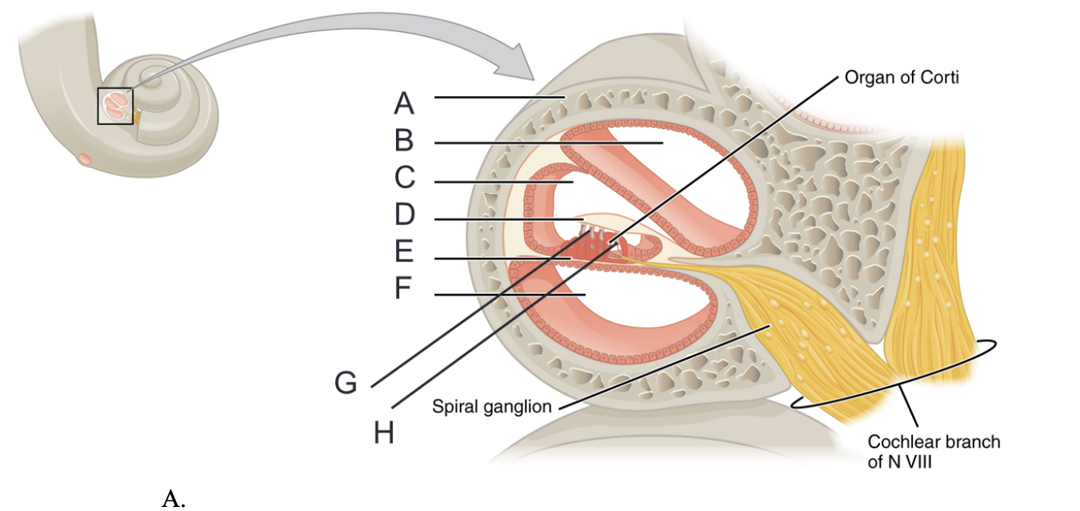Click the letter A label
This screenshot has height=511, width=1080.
[405, 103]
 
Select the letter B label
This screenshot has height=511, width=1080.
[404, 141]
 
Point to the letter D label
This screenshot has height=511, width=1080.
[405, 215]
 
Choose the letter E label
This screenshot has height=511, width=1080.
[404, 252]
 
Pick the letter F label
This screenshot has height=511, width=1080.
[405, 288]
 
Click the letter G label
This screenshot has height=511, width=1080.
[346, 384]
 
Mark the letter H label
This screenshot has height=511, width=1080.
[384, 433]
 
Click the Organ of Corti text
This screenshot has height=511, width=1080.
[902, 78]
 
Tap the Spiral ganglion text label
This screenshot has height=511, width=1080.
[492, 407]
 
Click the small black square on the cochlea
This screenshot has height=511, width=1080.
[115, 106]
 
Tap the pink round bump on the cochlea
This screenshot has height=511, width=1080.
[84, 158]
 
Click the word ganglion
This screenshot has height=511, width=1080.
[521, 407]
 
